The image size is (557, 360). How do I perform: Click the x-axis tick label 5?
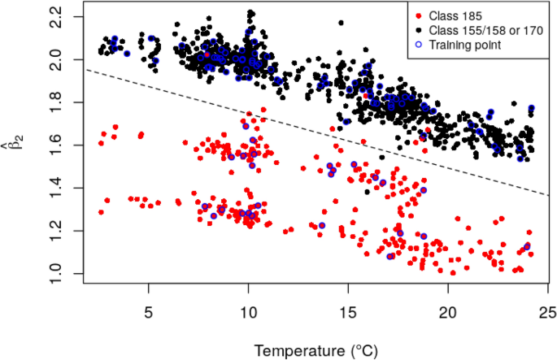[x=149, y=313]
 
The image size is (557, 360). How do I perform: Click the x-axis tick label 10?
[x=248, y=313]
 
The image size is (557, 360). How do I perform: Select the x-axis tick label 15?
[x=348, y=313]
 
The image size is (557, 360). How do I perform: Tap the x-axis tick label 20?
[x=448, y=313]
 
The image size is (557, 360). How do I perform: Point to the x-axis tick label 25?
[x=547, y=313]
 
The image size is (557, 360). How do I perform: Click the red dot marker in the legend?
[x=419, y=16]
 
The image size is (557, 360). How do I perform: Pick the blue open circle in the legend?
[x=419, y=46]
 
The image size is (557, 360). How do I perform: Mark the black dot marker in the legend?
[x=419, y=31]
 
